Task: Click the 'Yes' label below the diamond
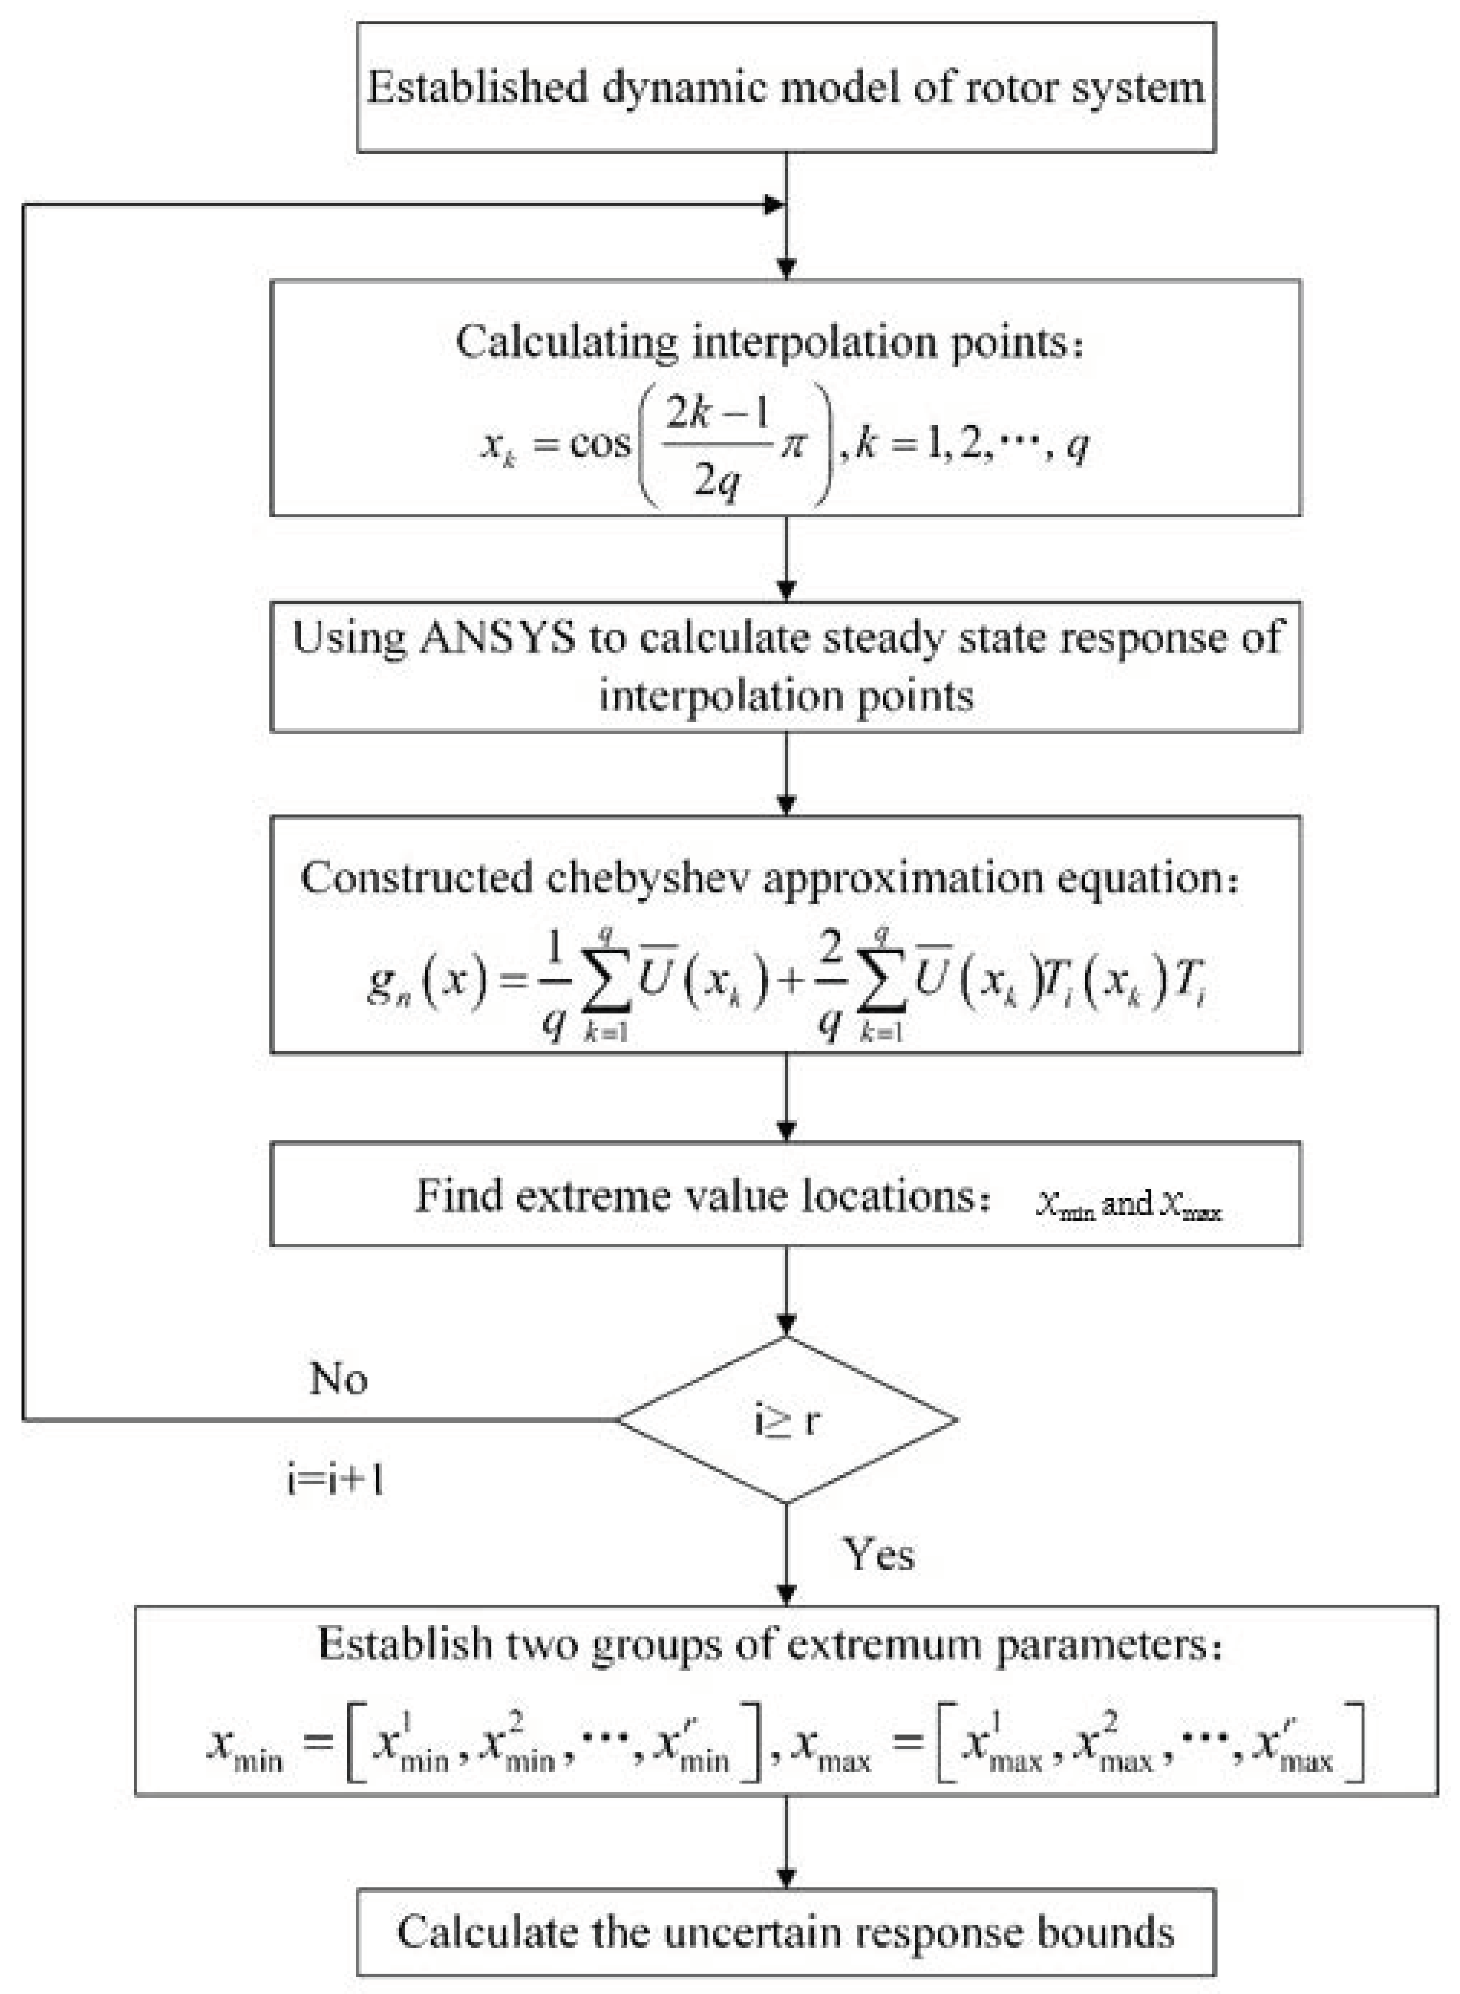tap(878, 1553)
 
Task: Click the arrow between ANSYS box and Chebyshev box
tap(786, 774)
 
